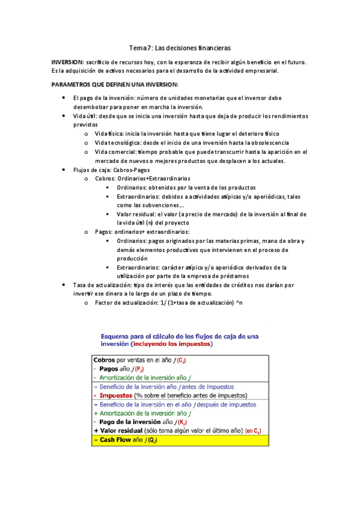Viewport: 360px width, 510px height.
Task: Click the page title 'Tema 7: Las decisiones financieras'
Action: click(180, 47)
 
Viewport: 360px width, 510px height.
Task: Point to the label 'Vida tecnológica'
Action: click(117, 143)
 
